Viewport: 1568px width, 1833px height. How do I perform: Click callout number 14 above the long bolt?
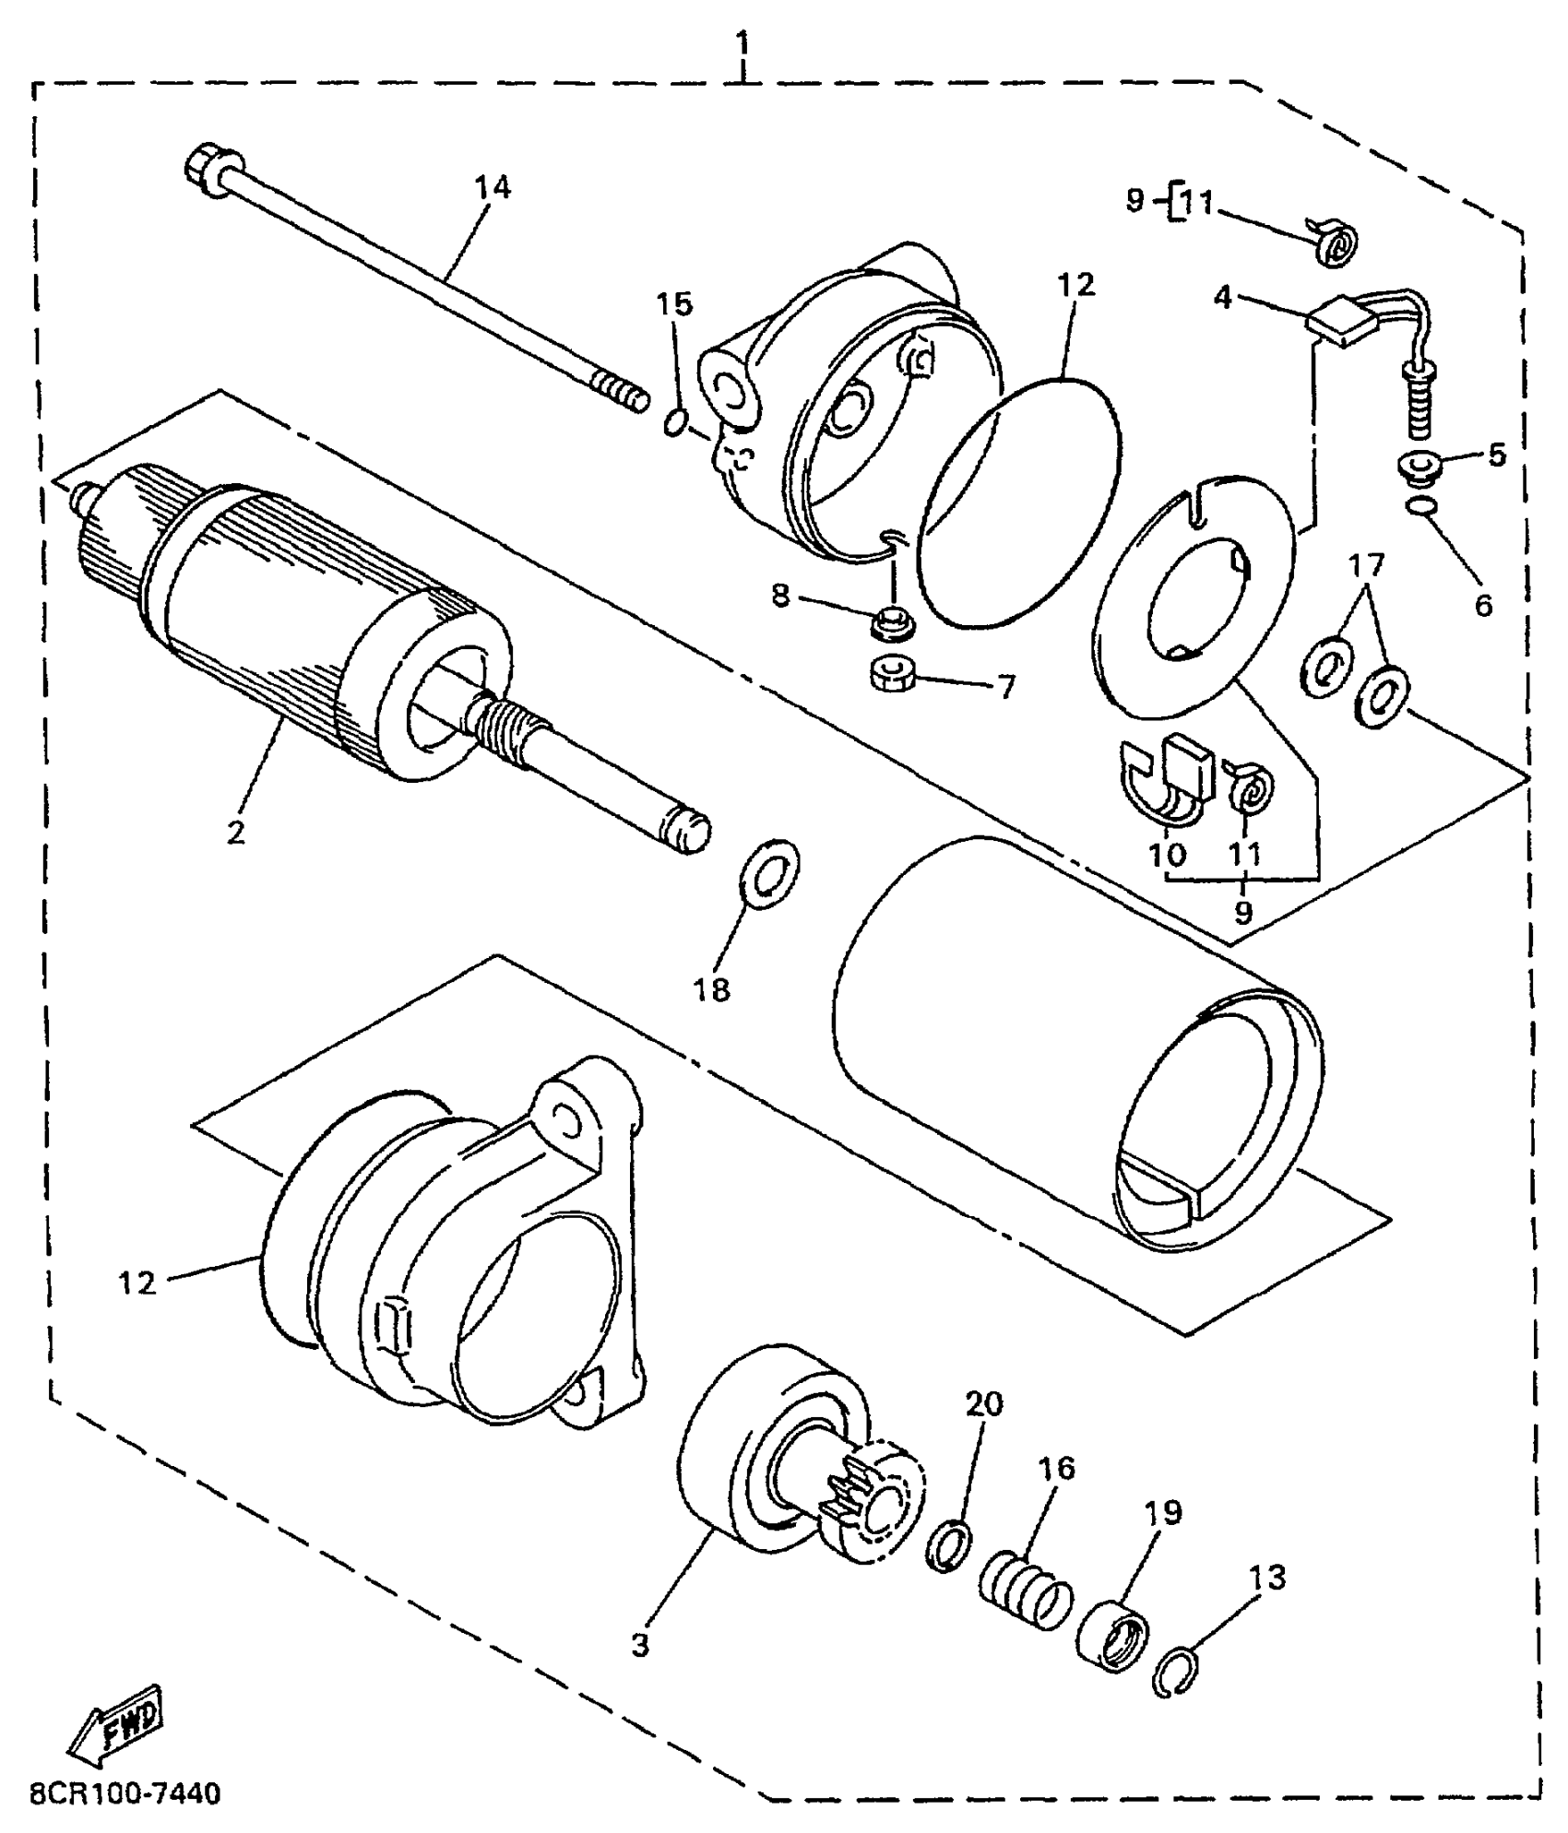493,187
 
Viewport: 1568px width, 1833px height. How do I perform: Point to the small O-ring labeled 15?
674,423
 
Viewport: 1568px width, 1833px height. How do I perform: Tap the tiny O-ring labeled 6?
1420,504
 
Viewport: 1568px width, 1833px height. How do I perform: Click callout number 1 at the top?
743,42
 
